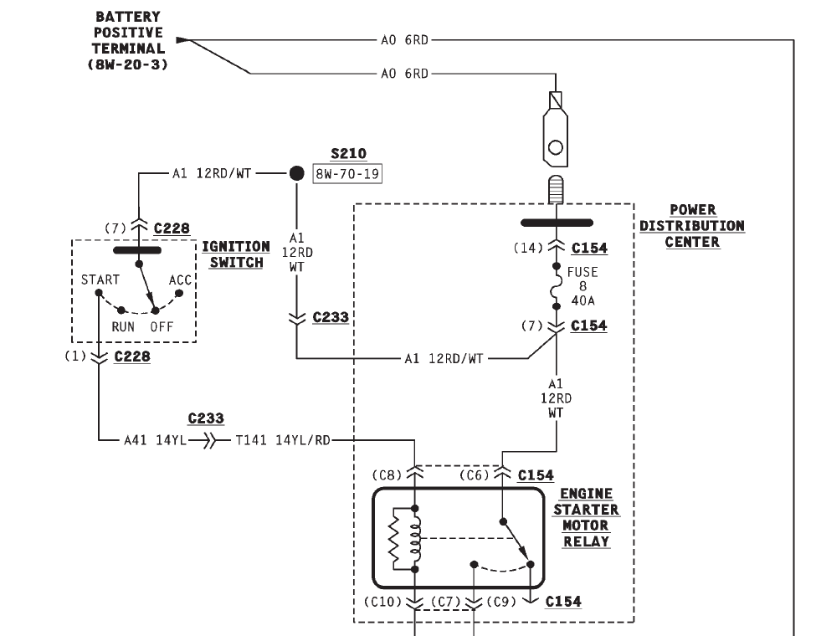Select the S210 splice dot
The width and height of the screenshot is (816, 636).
coord(296,173)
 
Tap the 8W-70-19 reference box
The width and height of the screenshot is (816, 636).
coord(347,174)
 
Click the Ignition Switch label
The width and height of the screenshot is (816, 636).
coord(236,254)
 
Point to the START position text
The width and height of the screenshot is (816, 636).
coord(100,280)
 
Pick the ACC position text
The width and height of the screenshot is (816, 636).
coord(181,280)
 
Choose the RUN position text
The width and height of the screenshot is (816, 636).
coord(122,326)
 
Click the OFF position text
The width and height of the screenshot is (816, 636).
coord(162,326)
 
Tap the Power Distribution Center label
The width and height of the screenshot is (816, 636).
coord(692,226)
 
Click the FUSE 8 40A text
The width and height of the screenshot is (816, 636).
coord(582,286)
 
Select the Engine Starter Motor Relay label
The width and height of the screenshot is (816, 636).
coord(587,517)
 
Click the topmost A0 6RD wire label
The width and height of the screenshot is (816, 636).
coord(404,38)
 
